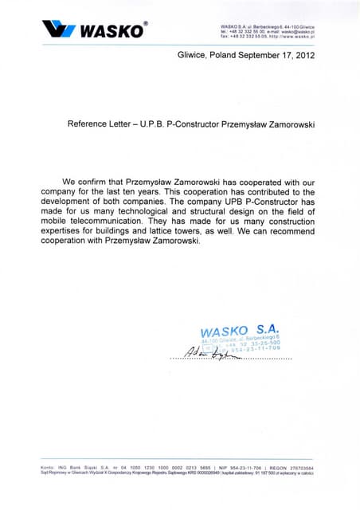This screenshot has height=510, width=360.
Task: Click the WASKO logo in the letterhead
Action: pyautogui.click(x=95, y=30)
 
